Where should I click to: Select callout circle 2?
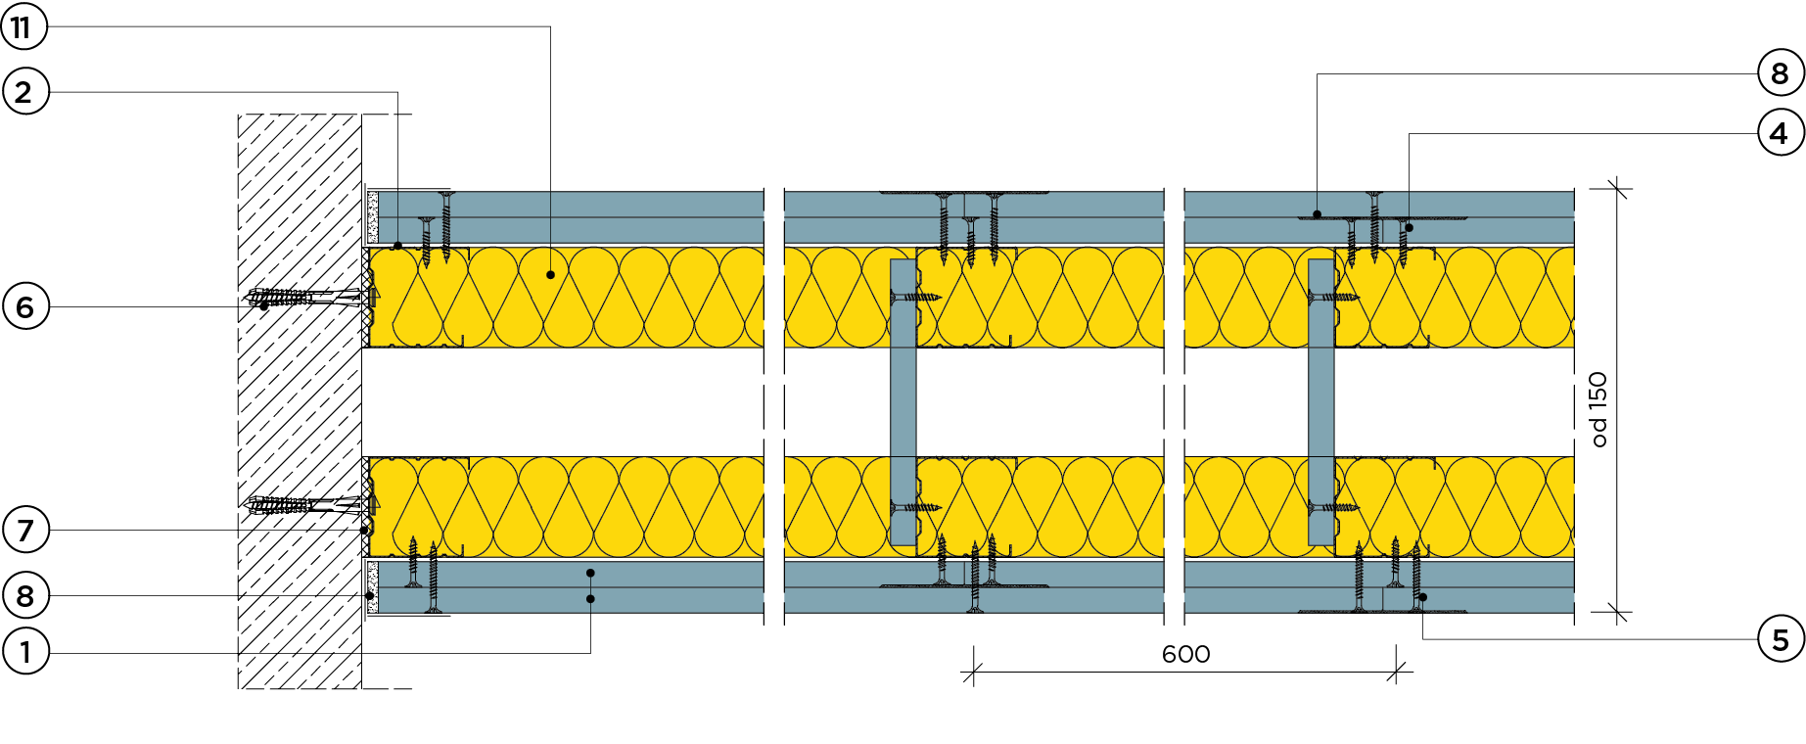24,92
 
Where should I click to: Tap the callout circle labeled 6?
24,306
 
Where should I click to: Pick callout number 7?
24,530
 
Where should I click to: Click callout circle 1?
24,651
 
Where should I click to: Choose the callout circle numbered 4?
1780,133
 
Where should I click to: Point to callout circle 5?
1780,639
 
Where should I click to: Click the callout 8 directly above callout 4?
1780,73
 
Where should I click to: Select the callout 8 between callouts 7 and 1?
24,595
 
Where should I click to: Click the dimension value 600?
1185,654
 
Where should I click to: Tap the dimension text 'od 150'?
1598,409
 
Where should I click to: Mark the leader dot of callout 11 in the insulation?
550,275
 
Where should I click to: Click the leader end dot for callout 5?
1422,597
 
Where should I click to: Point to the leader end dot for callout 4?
1410,228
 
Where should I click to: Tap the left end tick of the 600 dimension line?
974,673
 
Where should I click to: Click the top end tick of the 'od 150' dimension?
1617,188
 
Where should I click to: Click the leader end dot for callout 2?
397,245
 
